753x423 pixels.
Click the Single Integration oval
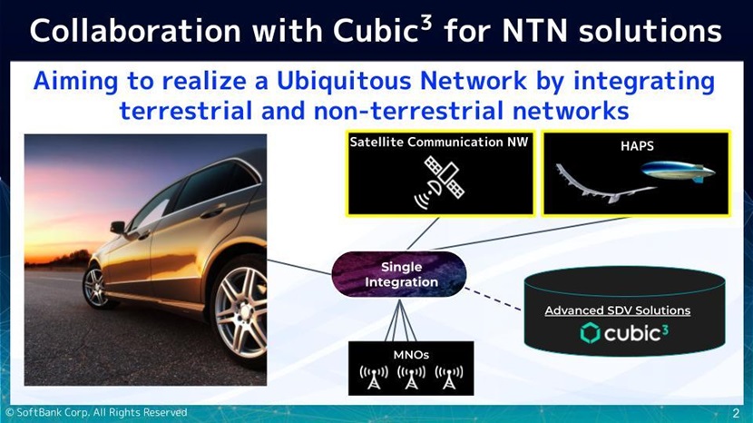400,274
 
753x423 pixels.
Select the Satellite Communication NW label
439,143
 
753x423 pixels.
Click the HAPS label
635,145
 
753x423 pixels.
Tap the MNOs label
411,355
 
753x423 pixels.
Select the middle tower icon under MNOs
412,377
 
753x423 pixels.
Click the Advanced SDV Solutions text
617,310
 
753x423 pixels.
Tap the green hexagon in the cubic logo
591,334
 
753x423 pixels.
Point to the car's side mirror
118,228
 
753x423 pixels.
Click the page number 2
736,414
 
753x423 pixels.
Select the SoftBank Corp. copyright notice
95,413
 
